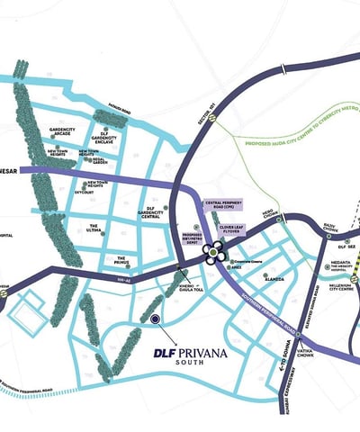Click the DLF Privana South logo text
click(190, 355)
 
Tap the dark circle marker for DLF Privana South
click(155, 319)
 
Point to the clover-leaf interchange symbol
click(214, 253)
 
